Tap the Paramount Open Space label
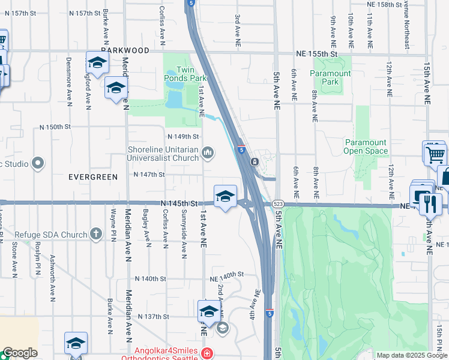(x=366, y=146)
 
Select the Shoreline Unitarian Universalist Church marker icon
(x=208, y=154)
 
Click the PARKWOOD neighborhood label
(x=125, y=51)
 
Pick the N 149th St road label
(x=182, y=136)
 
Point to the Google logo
(x=20, y=353)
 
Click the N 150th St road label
(x=55, y=127)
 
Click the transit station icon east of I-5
(x=255, y=161)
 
